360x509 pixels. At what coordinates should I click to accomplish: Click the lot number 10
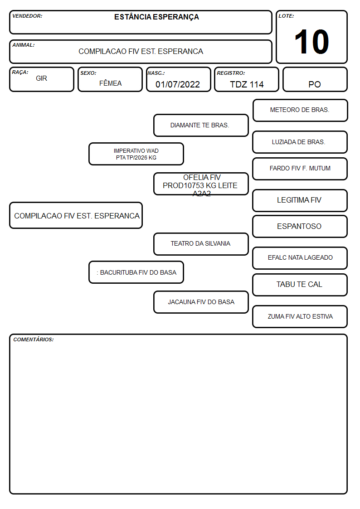coord(311,42)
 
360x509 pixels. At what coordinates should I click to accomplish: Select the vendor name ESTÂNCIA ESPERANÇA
coord(156,17)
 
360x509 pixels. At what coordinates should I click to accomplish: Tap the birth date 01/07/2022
coord(178,84)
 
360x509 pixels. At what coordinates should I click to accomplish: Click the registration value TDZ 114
coord(247,84)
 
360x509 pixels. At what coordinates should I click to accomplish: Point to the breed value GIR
coord(41,78)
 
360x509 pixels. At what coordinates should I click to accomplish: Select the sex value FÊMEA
coord(110,83)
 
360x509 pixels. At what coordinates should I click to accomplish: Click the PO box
coord(315,79)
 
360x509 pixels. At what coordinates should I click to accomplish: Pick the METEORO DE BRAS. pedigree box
coord(300,111)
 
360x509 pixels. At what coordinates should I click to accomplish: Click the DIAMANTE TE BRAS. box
coord(201,125)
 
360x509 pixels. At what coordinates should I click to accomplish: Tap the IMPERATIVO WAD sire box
coord(136,154)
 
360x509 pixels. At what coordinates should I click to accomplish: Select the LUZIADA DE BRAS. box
coord(300,142)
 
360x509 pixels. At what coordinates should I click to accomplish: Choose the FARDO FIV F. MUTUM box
coord(300,169)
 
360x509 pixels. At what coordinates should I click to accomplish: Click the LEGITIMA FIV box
coord(300,200)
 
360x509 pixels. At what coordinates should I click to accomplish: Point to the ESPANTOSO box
coord(300,227)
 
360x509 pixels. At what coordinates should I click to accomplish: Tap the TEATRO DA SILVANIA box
coord(201,244)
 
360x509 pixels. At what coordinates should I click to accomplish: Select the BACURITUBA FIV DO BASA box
coord(136,272)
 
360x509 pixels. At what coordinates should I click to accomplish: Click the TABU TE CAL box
coord(300,285)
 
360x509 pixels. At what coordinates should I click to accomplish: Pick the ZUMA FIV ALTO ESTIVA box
coord(300,316)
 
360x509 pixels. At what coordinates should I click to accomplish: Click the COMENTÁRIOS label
coord(34,339)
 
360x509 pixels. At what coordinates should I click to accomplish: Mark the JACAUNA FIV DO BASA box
coord(201,302)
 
